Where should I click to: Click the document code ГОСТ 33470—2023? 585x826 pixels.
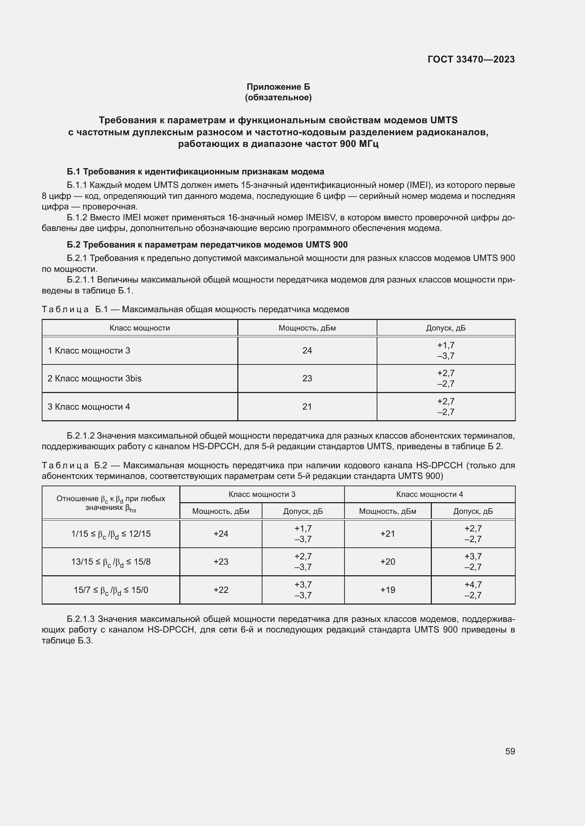(471, 59)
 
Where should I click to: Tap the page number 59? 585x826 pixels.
(510, 751)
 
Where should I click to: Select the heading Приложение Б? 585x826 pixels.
(278, 87)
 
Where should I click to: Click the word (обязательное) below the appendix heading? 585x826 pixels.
(278, 97)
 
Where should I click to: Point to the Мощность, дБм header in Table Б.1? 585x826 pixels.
(307, 328)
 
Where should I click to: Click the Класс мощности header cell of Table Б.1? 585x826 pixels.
(139, 328)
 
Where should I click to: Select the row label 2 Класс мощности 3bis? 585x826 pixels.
(94, 379)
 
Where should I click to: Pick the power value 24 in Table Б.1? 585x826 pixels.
(307, 350)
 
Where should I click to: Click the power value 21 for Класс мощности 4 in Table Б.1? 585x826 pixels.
(307, 406)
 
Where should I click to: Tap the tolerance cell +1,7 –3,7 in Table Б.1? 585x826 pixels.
(446, 350)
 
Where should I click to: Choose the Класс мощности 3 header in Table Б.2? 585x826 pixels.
(262, 494)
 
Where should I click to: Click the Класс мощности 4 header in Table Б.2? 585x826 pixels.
(429, 494)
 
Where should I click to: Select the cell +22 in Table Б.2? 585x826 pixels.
(221, 590)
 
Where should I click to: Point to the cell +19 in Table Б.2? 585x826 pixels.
(388, 590)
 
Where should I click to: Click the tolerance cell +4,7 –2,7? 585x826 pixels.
(473, 590)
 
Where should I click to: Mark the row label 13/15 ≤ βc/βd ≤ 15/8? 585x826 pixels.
(111, 562)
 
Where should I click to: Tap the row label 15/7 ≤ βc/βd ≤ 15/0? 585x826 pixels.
(111, 590)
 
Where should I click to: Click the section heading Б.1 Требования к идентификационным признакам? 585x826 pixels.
(196, 172)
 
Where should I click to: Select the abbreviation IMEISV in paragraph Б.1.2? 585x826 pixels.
(320, 218)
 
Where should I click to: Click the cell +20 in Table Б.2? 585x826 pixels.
(388, 561)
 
